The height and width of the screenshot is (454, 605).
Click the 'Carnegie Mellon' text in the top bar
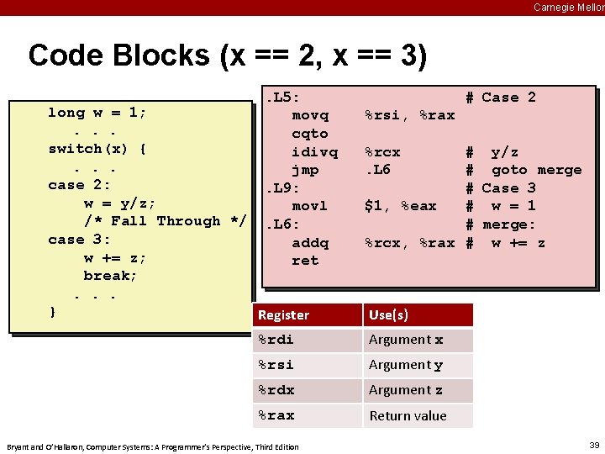(568, 7)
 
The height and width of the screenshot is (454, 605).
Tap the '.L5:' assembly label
(283, 97)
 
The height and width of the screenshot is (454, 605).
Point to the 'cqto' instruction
(309, 134)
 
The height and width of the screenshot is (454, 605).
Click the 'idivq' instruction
(314, 152)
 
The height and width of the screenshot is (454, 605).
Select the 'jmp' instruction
(305, 170)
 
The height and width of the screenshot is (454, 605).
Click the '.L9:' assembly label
(283, 188)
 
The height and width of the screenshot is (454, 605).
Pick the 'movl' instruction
(309, 206)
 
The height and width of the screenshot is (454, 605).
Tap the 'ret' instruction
(305, 261)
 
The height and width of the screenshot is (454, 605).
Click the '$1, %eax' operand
(400, 206)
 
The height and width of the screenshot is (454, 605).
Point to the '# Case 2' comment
(501, 98)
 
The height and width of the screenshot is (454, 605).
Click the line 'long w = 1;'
(97, 113)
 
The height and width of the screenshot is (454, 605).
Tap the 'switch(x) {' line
(97, 149)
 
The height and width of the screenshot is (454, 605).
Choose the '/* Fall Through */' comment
(165, 221)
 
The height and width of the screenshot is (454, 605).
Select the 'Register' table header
(283, 315)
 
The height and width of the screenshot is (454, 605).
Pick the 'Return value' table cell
(408, 415)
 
